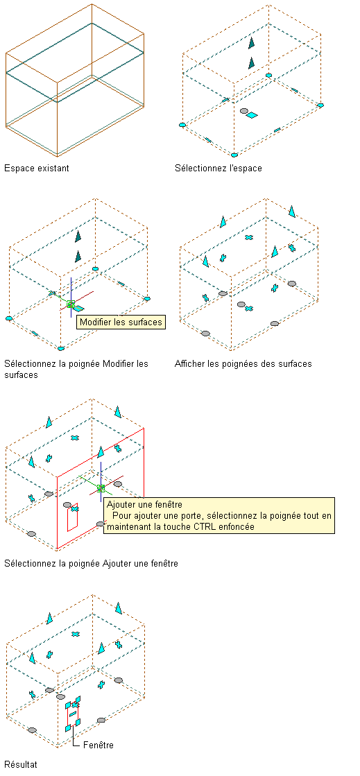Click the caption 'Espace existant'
click(37, 169)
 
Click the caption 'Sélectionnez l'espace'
click(218, 169)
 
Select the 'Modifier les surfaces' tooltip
click(121, 322)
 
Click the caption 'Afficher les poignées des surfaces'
click(243, 364)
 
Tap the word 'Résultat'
click(20, 765)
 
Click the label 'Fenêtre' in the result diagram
click(98, 745)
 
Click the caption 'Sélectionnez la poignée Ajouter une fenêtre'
click(91, 563)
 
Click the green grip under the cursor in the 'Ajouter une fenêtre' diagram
click(101, 488)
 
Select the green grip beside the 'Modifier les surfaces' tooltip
click(71, 304)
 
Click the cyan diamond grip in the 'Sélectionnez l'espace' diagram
click(252, 115)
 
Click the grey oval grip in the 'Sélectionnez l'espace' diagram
click(243, 111)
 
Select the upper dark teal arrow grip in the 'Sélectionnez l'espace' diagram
click(252, 42)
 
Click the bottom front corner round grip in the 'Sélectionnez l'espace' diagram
click(234, 155)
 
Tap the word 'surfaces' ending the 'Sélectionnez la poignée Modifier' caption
click(21, 374)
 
